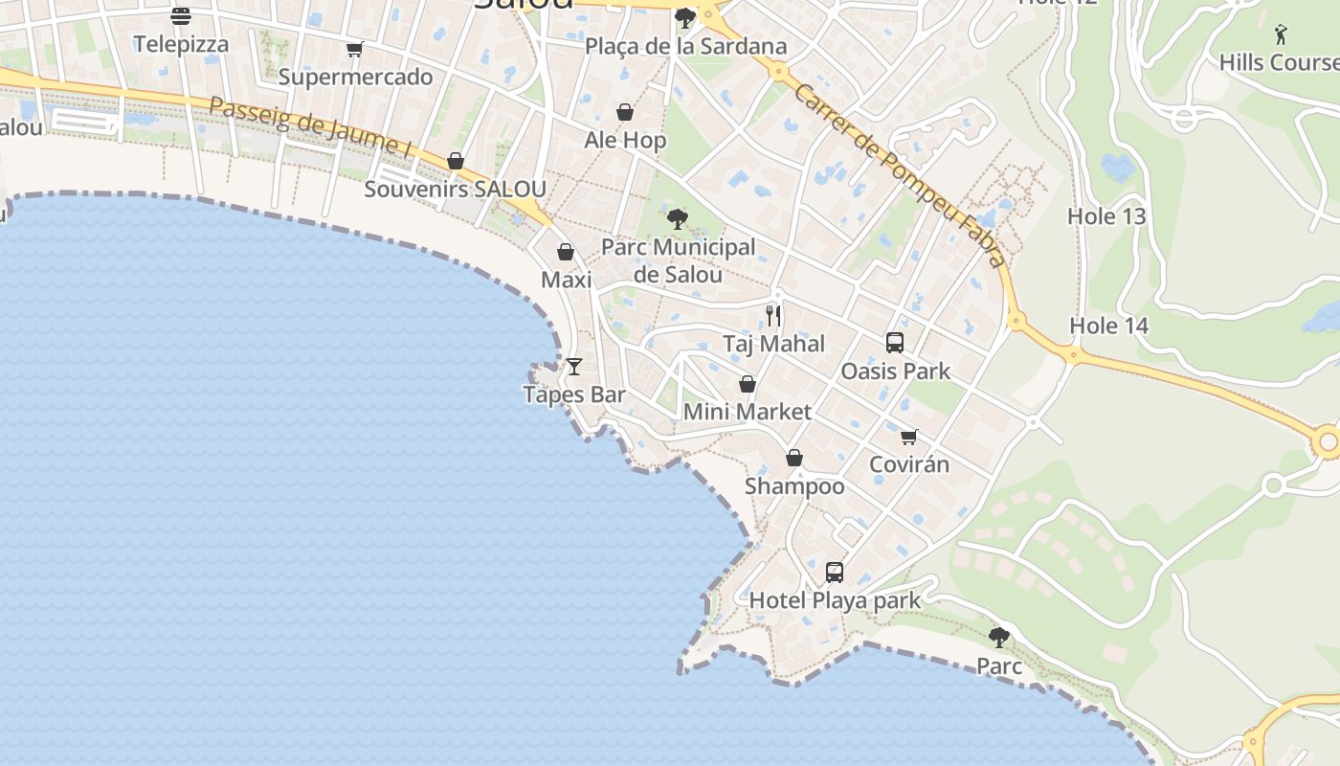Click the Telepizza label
click(181, 44)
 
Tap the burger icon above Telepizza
click(181, 15)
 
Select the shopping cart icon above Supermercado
click(355, 49)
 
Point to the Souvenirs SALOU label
click(455, 189)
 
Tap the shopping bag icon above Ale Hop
click(625, 113)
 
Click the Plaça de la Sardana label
click(685, 46)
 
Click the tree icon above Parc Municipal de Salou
click(678, 219)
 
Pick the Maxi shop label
click(567, 280)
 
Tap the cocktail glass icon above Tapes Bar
click(574, 366)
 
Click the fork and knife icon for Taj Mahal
click(773, 315)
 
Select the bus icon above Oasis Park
click(895, 342)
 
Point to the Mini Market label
click(747, 412)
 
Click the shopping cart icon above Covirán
click(909, 437)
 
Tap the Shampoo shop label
click(794, 486)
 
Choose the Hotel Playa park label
click(835, 600)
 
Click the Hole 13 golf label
click(1106, 216)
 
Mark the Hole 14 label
click(1108, 326)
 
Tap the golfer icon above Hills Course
click(1281, 34)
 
